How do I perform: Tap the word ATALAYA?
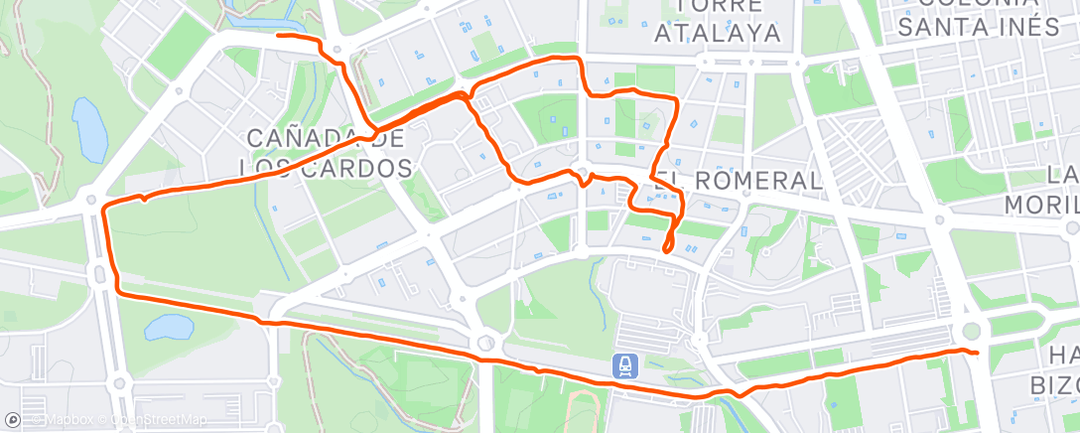click(719, 34)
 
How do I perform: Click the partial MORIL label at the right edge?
click(1041, 204)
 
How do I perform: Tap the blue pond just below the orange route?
click(171, 328)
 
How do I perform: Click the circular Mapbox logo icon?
click(12, 421)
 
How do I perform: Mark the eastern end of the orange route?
click(977, 353)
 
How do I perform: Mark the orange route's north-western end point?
click(278, 36)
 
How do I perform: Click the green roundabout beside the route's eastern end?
click(971, 331)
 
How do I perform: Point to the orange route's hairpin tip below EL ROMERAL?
click(666, 248)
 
